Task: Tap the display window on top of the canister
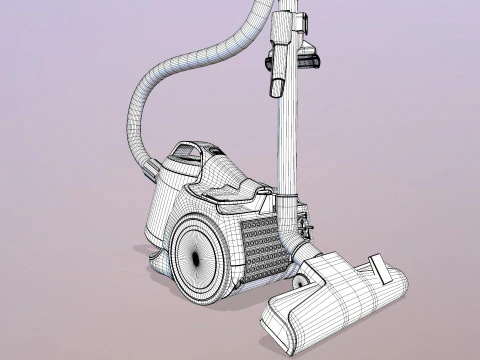pyautogui.click(x=186, y=153)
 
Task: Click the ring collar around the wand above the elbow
pyautogui.click(x=288, y=195)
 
